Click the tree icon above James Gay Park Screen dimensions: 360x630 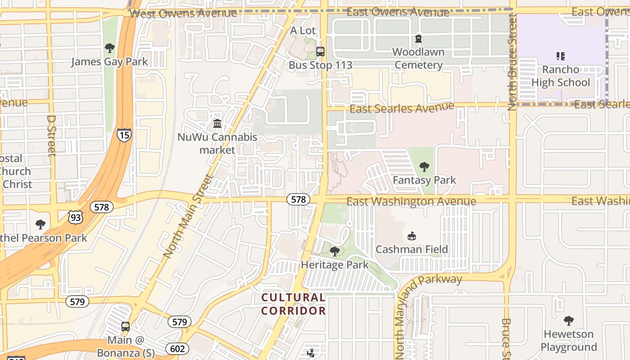(x=109, y=48)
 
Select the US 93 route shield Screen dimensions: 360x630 (x=76, y=217)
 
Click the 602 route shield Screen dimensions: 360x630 (x=177, y=349)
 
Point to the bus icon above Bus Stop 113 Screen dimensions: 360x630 (x=320, y=52)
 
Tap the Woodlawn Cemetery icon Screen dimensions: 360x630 (x=418, y=39)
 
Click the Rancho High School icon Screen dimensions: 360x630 (x=560, y=56)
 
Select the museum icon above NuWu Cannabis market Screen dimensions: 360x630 (x=217, y=123)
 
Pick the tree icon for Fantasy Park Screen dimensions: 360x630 (x=424, y=167)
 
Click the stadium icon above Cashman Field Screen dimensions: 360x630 (x=411, y=236)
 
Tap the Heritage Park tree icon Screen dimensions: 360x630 (x=334, y=251)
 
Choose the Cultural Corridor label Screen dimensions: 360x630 (x=293, y=304)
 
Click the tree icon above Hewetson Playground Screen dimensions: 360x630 (x=569, y=321)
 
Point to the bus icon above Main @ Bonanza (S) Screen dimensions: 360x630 (x=126, y=326)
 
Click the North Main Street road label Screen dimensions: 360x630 (x=188, y=216)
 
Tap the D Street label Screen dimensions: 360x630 (x=51, y=135)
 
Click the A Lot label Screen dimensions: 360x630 (x=302, y=31)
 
